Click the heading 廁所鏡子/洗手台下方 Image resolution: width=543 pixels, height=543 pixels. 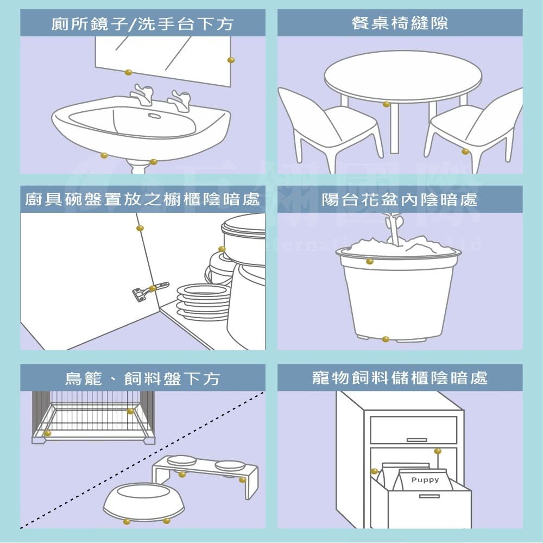(x=142, y=24)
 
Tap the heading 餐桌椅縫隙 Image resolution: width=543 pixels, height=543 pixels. (x=400, y=24)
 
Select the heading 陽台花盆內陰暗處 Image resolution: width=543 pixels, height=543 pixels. (x=400, y=200)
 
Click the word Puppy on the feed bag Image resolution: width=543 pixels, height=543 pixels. (x=425, y=480)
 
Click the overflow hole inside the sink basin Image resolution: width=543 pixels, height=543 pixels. (x=154, y=115)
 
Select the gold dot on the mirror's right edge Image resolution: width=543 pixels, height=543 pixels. (x=231, y=59)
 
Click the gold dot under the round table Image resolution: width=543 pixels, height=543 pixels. (x=386, y=104)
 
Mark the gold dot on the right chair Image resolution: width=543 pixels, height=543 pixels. (x=465, y=151)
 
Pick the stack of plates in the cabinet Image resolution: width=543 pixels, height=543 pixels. (x=202, y=301)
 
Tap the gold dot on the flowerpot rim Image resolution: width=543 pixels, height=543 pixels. (x=369, y=262)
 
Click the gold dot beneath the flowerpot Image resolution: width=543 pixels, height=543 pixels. (x=386, y=339)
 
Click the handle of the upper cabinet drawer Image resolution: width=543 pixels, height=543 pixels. (x=416, y=439)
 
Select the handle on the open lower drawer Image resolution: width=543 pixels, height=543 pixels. (x=429, y=496)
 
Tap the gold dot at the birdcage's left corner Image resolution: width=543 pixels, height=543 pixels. (x=48, y=433)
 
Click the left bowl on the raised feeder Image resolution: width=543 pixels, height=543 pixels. (x=182, y=460)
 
